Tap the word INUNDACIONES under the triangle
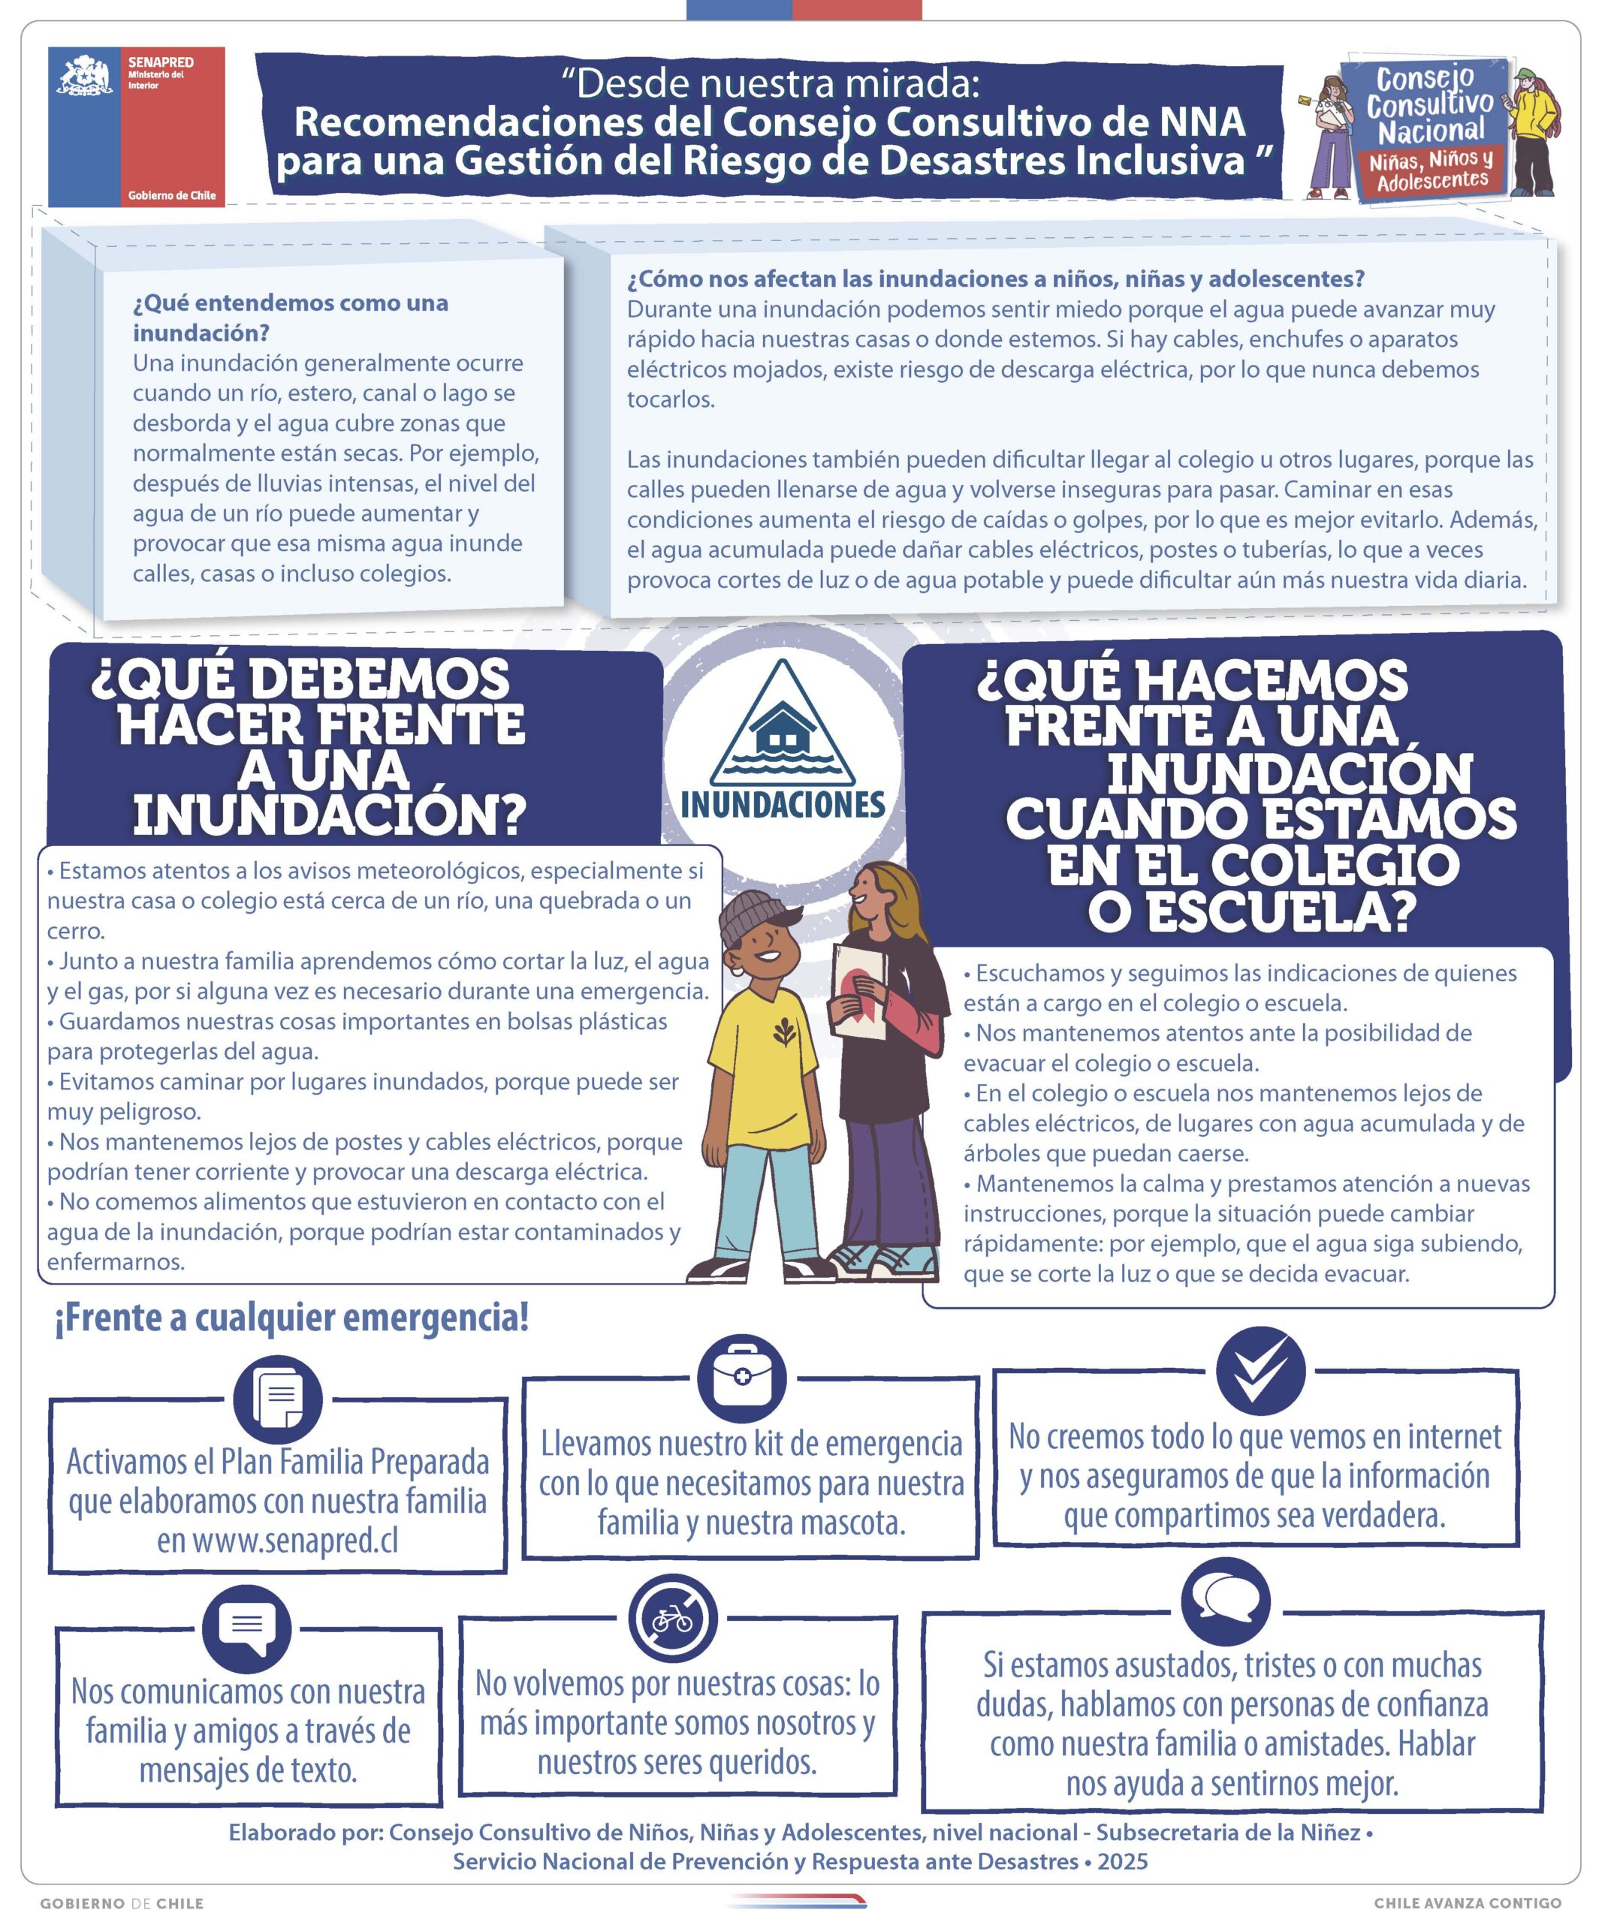783,806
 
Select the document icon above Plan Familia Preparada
277,1399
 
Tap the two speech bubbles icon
1225,1601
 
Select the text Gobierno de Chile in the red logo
172,195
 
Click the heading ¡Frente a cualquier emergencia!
292,1318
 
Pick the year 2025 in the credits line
1122,1862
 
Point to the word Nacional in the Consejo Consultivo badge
1432,131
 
